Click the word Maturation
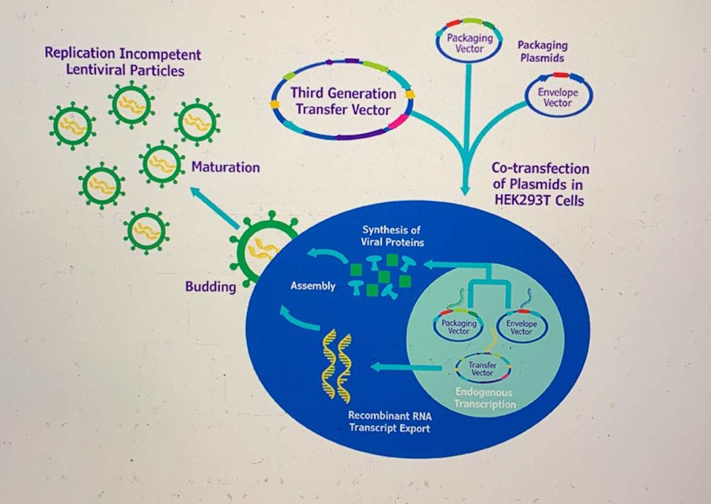coord(225,167)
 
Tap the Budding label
coord(211,287)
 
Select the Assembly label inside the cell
coord(313,286)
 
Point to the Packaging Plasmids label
coord(542,52)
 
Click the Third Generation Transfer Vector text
coord(343,101)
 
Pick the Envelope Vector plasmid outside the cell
coord(558,97)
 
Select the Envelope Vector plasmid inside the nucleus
coord(521,327)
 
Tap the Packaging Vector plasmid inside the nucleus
coord(458,327)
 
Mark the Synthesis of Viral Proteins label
coord(392,236)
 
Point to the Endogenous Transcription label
coord(484,398)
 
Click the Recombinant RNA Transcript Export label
coord(390,422)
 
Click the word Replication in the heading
coord(80,53)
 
